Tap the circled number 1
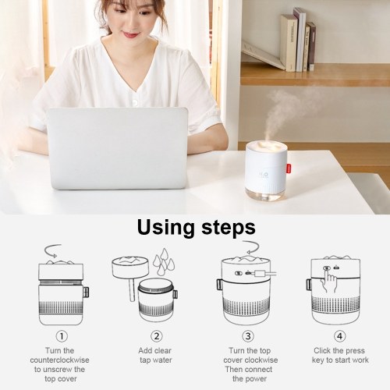(x=62, y=336)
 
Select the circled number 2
(x=157, y=336)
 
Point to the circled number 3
(x=248, y=336)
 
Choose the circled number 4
(x=339, y=336)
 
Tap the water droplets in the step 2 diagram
(x=164, y=261)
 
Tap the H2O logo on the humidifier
(x=263, y=175)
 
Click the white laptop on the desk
(x=118, y=148)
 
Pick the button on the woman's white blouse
(x=134, y=102)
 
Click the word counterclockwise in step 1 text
(x=59, y=360)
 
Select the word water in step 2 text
(x=162, y=360)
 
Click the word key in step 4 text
(x=318, y=360)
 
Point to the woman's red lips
(x=130, y=34)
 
